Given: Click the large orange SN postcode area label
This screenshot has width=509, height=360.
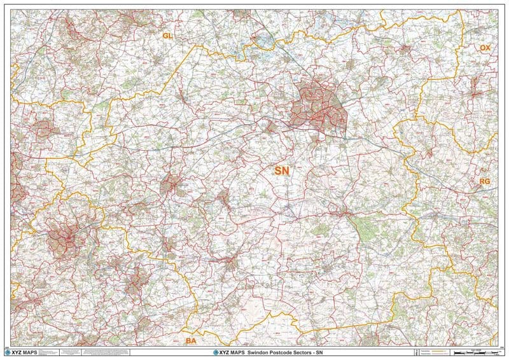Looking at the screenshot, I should (281, 170).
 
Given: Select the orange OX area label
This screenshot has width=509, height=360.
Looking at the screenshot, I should (485, 48).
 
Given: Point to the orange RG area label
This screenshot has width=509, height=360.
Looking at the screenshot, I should (484, 182).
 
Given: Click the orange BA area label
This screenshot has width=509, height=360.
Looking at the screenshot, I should (190, 342).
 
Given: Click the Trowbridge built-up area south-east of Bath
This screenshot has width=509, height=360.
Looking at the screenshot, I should (135, 280).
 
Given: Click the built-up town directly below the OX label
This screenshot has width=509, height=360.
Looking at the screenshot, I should (474, 86).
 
